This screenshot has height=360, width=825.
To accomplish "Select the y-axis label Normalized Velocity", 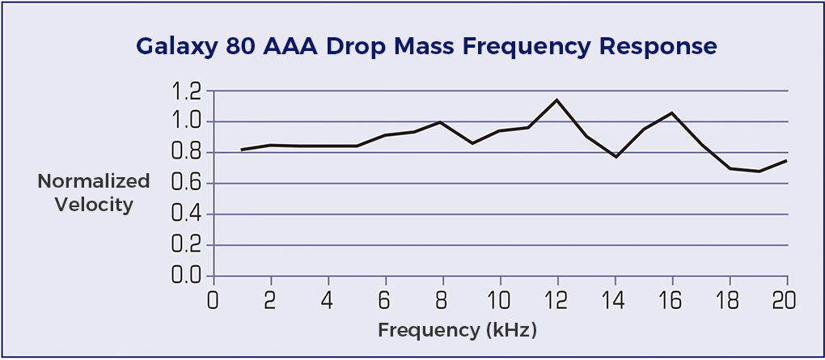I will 94,193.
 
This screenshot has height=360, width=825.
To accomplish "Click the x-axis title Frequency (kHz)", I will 457,330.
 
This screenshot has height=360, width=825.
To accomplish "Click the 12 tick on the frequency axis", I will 556,300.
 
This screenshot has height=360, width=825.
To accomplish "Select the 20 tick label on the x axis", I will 785,300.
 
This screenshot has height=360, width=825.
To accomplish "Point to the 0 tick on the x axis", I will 213,300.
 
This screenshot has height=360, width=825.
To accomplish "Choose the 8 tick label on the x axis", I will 442,300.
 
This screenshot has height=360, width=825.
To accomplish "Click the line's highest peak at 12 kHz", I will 556,100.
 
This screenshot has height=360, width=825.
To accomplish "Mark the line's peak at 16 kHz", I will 671,112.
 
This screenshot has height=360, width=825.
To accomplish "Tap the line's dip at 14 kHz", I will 615,156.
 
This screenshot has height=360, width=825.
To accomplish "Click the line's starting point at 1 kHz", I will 242,150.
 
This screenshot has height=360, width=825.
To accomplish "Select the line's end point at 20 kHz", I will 786,160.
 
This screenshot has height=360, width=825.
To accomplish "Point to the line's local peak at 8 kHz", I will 441,122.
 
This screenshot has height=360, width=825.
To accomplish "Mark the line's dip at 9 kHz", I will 471,143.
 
